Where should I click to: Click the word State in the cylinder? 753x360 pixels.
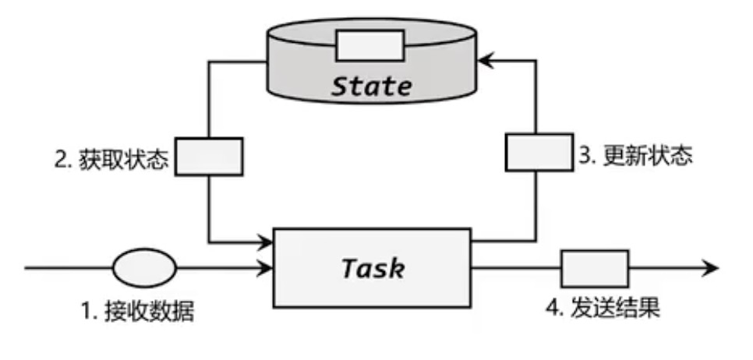click(x=371, y=85)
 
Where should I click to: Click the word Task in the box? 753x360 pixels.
click(x=373, y=268)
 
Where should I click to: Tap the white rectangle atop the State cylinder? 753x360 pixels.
click(x=370, y=45)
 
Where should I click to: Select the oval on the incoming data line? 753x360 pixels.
click(x=145, y=268)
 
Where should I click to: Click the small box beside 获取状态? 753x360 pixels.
click(x=208, y=157)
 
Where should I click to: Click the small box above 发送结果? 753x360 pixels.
click(x=595, y=269)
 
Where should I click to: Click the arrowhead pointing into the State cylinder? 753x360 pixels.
click(x=486, y=58)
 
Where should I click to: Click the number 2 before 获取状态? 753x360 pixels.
click(x=60, y=159)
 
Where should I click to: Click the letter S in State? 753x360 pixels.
click(x=339, y=85)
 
